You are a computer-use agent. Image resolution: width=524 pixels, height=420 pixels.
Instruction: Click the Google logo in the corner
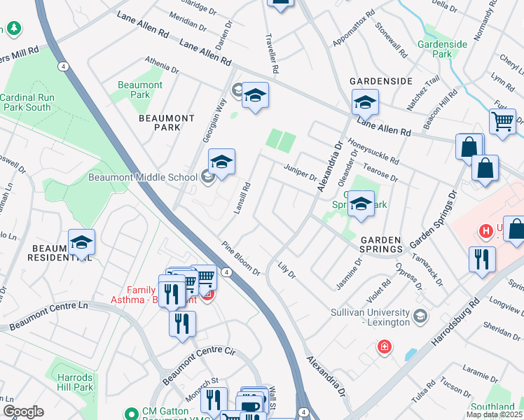coord(22,412)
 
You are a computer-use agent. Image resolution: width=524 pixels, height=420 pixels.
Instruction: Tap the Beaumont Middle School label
coord(143,177)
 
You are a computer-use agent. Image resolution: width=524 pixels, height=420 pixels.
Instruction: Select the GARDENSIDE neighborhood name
coord(381,81)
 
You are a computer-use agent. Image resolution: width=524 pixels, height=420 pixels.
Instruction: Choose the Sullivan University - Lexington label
coord(369,317)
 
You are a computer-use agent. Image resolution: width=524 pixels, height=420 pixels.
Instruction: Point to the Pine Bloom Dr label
coord(242,258)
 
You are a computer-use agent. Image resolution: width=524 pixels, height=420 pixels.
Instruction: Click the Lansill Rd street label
coord(242,198)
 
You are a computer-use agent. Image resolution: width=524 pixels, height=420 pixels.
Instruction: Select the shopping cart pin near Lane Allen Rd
coord(502,121)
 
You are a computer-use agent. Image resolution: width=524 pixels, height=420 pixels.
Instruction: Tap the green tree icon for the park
coord(13,28)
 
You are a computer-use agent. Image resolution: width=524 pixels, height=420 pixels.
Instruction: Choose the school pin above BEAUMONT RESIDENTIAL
coord(81,242)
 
